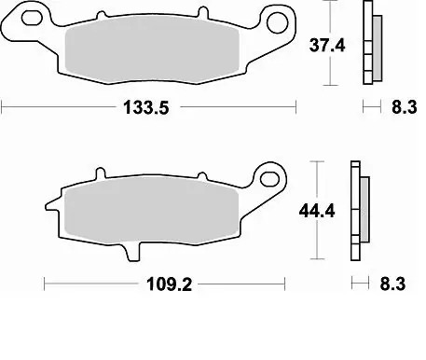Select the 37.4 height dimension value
tap(329, 43)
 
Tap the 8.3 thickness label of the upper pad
tap(402, 108)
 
